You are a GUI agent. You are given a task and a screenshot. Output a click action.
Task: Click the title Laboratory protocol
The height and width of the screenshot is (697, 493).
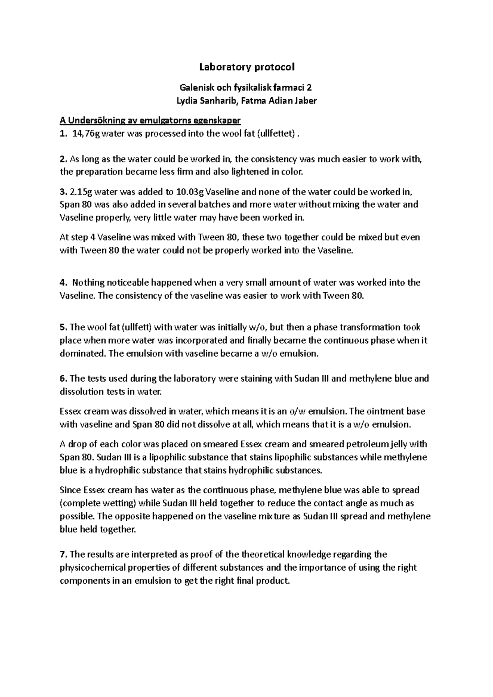[x=247, y=67]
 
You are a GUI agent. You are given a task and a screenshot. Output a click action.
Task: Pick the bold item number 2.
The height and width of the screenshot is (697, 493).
[x=62, y=159]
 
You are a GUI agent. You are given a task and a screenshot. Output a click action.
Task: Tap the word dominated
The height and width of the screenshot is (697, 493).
[x=81, y=353]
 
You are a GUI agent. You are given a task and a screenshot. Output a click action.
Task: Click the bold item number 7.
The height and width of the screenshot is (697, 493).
[x=62, y=555]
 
